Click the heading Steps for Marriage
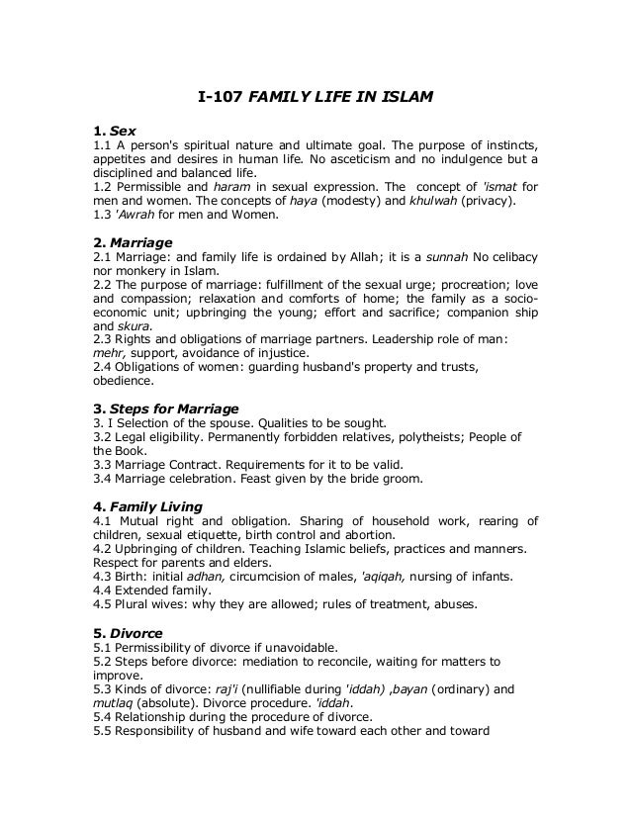173,408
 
